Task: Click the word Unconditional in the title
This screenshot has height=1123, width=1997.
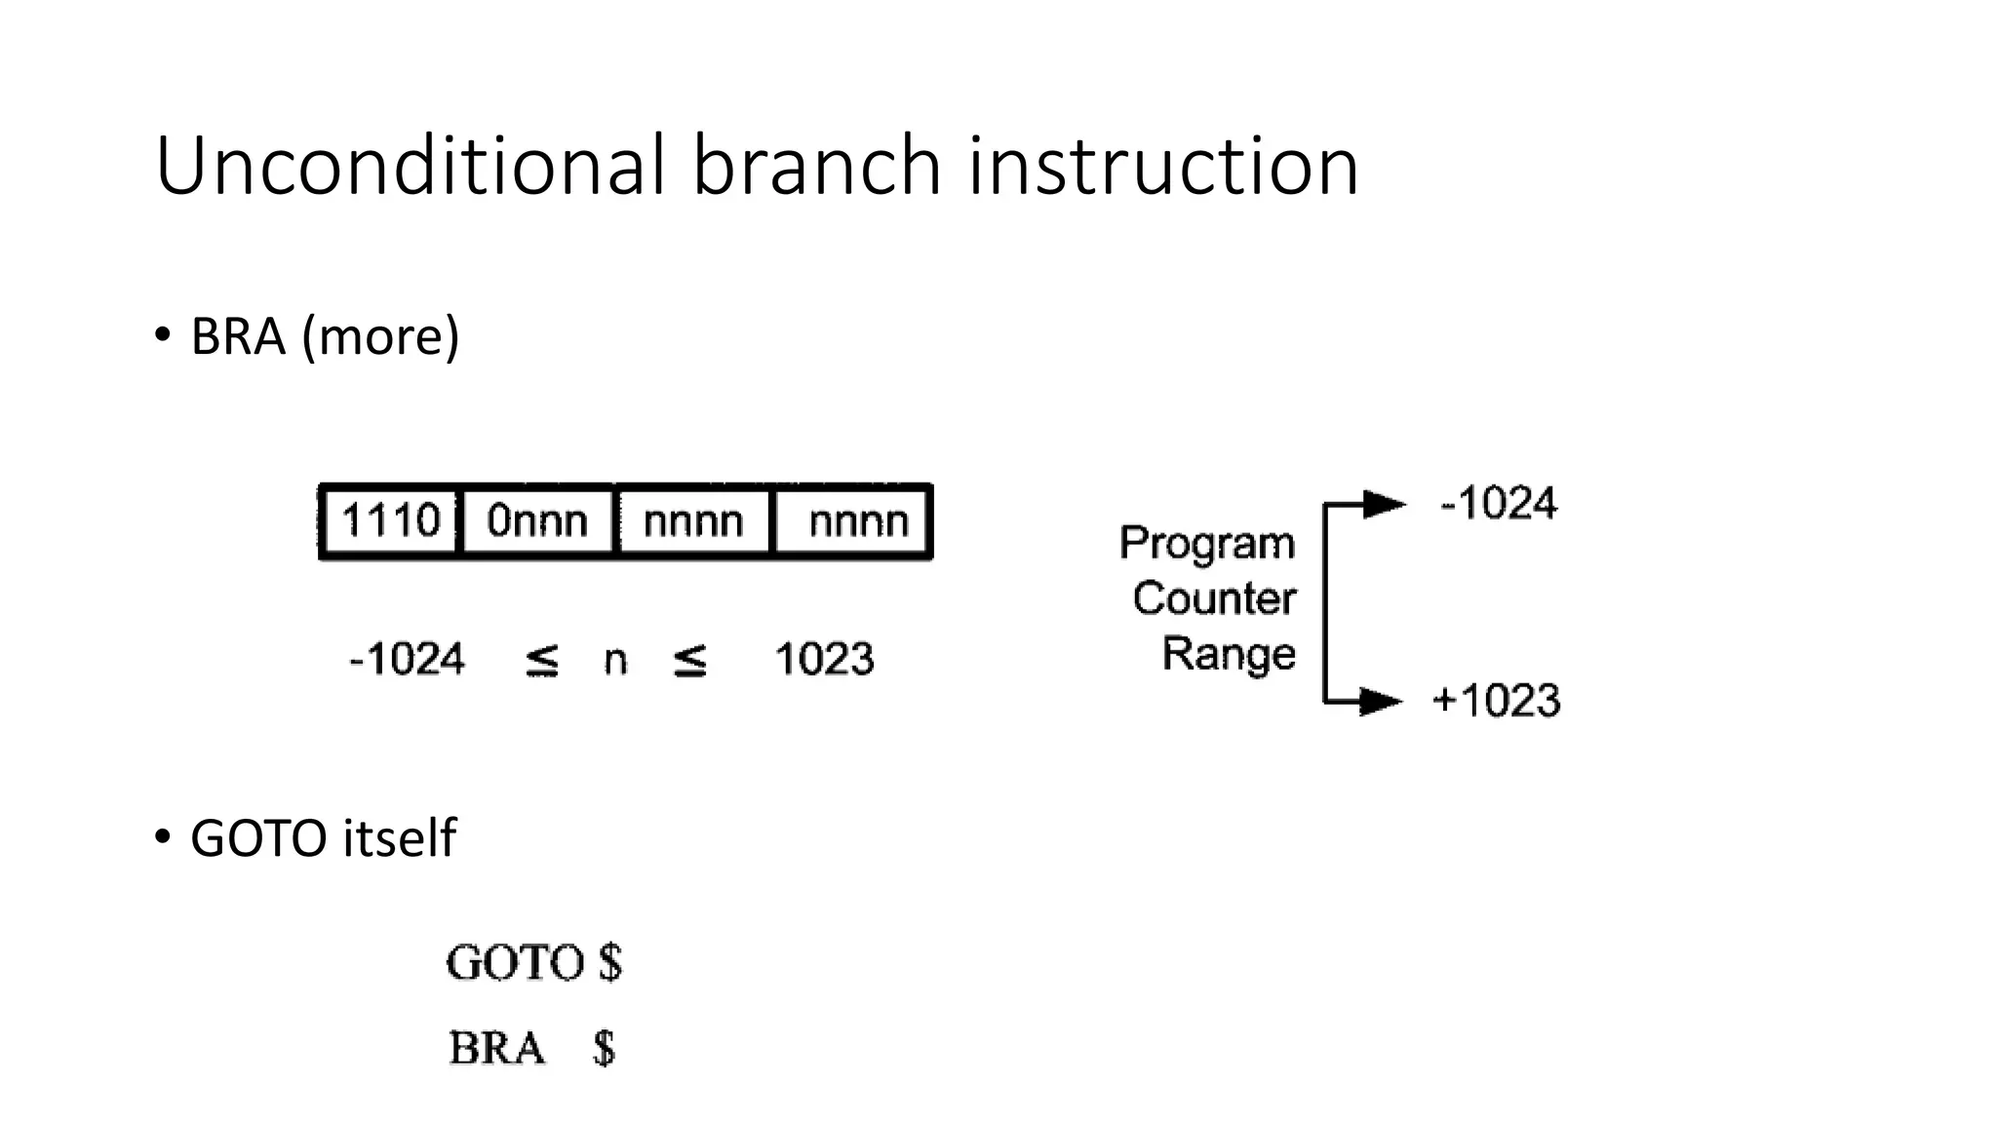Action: coord(410,166)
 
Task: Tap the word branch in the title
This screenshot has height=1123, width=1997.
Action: coord(816,166)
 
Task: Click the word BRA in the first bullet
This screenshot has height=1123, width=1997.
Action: coord(238,336)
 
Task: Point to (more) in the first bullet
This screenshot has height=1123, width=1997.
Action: coord(380,336)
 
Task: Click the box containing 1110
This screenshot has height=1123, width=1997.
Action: coord(390,522)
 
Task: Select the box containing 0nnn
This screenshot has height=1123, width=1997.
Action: coord(537,522)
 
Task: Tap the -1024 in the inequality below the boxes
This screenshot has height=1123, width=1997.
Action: coord(407,660)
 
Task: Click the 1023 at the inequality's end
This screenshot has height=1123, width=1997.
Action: coord(824,660)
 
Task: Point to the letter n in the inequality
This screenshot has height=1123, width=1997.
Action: coord(615,661)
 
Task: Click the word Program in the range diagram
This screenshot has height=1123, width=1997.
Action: coord(1206,544)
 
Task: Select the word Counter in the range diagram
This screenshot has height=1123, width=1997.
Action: coord(1214,599)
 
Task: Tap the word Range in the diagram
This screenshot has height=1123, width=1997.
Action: coord(1229,653)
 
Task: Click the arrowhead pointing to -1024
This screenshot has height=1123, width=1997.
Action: coord(1384,504)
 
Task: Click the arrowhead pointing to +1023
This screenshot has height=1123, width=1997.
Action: coord(1380,701)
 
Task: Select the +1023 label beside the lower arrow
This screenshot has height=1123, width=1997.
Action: coord(1496,701)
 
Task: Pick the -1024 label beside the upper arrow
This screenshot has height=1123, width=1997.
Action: coord(1499,504)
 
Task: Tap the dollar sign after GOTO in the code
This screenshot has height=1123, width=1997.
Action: coord(610,962)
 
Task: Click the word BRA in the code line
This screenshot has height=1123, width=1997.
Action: coord(496,1049)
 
